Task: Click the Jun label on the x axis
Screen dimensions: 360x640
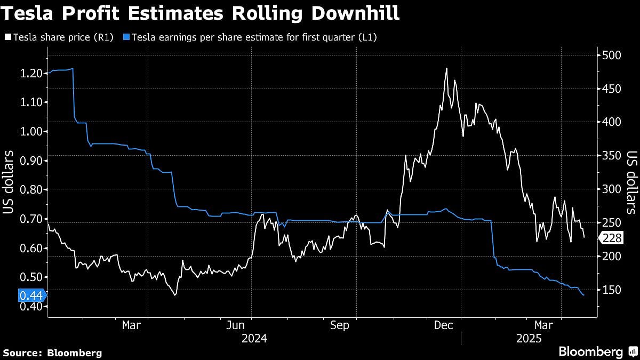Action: pyautogui.click(x=236, y=325)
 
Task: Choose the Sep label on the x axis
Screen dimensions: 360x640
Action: pyautogui.click(x=340, y=325)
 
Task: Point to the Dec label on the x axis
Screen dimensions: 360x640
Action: pyautogui.click(x=444, y=325)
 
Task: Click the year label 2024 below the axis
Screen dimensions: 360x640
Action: pyautogui.click(x=254, y=339)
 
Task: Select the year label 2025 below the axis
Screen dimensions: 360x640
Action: pyautogui.click(x=529, y=339)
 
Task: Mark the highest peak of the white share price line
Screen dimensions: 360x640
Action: pyautogui.click(x=446, y=69)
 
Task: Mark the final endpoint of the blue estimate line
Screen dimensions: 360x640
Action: pyautogui.click(x=583, y=295)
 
